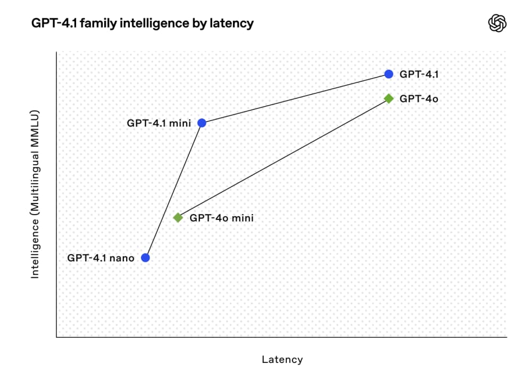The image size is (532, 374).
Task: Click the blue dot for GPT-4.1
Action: [389, 74]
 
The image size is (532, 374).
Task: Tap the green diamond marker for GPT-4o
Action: [389, 98]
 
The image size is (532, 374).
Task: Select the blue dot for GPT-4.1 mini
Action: [202, 123]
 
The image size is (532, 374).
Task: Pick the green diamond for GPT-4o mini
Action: [178, 218]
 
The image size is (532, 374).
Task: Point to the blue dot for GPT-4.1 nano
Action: [145, 258]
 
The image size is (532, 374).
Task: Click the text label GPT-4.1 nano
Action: [101, 258]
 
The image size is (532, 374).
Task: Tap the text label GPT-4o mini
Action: [222, 218]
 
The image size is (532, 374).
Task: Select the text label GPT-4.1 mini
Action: [159, 123]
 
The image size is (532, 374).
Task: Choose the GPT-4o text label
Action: [419, 98]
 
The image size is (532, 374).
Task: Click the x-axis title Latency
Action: [282, 360]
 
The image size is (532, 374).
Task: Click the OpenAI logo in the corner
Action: [497, 23]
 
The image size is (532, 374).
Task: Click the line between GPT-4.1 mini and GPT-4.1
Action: [295, 98]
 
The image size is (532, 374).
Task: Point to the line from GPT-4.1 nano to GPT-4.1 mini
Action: [173, 190]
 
